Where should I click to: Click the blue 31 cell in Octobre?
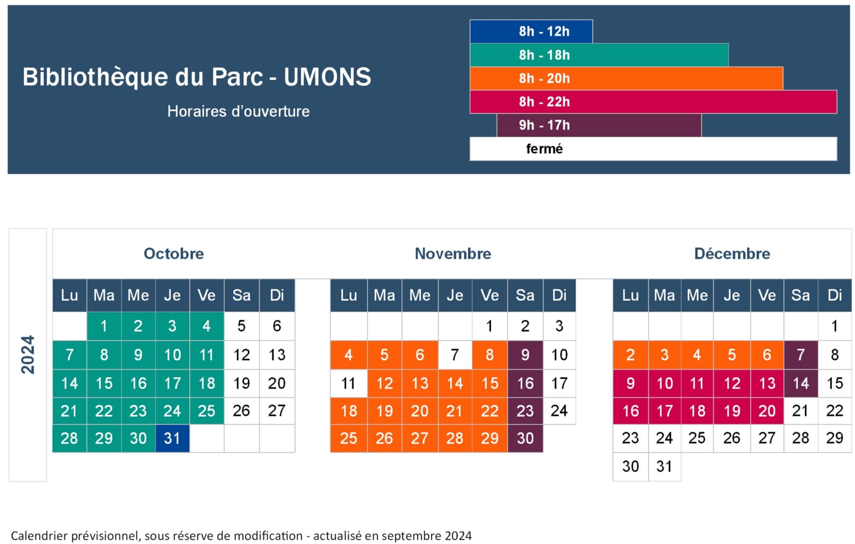click(172, 438)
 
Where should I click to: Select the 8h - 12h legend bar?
click(531, 31)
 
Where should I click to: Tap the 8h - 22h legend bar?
click(653, 102)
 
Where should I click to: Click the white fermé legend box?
click(653, 149)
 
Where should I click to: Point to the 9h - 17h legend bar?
click(599, 125)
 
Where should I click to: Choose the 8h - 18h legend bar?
click(599, 55)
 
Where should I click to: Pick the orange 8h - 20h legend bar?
click(626, 78)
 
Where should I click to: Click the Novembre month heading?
click(453, 254)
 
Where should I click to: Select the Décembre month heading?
click(732, 254)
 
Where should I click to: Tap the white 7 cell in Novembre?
click(455, 355)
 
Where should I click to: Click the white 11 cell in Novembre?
click(348, 383)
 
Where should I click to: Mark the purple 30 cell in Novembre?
click(525, 438)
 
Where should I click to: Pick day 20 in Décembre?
click(766, 411)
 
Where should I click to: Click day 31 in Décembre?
click(664, 466)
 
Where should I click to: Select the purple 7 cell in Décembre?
click(800, 355)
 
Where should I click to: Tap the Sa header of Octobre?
click(241, 295)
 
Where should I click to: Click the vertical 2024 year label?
click(28, 355)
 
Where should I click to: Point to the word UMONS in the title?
click(327, 77)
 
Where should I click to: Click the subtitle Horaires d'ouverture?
click(238, 111)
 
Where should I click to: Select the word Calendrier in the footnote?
click(38, 536)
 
